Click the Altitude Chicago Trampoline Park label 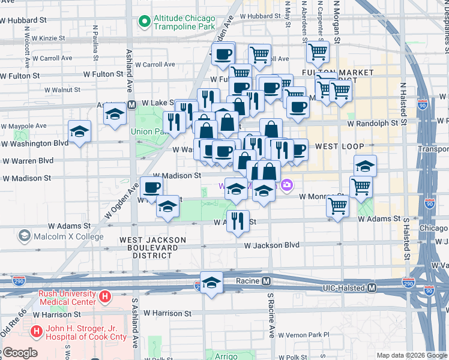(184, 23)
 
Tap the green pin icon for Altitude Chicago (144, 23)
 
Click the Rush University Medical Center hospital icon (106, 296)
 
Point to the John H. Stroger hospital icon (37, 331)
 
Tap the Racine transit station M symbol (265, 281)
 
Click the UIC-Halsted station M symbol (372, 288)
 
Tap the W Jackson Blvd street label (271, 245)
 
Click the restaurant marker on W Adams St (238, 220)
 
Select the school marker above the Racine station (211, 283)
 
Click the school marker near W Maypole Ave (79, 131)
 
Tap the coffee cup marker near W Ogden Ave (151, 187)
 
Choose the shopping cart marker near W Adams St (338, 206)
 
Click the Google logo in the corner (19, 353)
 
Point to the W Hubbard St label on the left (23, 20)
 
